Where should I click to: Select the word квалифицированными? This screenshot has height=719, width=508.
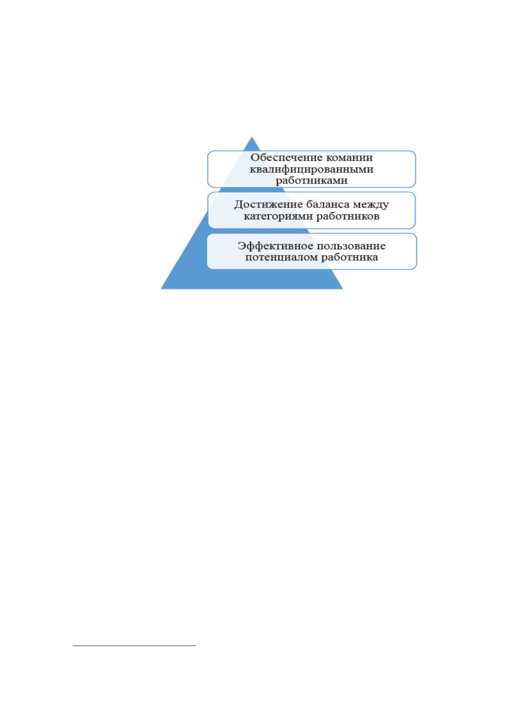pyautogui.click(x=312, y=170)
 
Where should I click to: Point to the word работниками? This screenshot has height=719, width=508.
pyautogui.click(x=312, y=181)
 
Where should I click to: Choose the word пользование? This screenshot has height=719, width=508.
pyautogui.click(x=351, y=246)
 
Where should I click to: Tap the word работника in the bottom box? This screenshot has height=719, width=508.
pyautogui.click(x=350, y=257)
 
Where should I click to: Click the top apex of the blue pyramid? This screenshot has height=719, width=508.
pyautogui.click(x=252, y=137)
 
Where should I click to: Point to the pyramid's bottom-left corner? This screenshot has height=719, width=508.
pyautogui.click(x=161, y=289)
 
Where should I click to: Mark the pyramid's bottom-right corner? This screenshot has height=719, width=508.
pyautogui.click(x=343, y=289)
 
